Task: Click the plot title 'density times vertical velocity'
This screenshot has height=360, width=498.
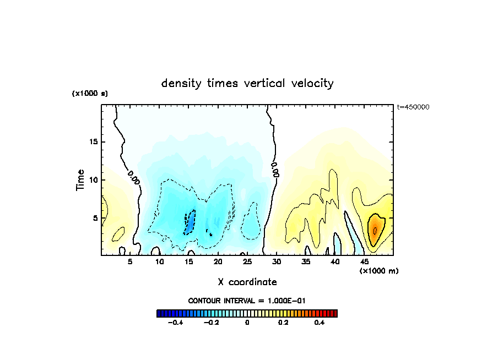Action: (x=247, y=84)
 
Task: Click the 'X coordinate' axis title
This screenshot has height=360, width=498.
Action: (x=247, y=282)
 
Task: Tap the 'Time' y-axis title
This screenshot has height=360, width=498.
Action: (x=80, y=180)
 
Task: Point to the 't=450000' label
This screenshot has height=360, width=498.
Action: (x=413, y=107)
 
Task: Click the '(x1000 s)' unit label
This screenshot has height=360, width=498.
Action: (x=90, y=94)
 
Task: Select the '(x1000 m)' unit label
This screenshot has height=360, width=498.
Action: (x=379, y=271)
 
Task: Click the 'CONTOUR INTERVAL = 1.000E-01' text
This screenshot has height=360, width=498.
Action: (x=247, y=301)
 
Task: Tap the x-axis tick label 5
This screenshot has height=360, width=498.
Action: (x=130, y=262)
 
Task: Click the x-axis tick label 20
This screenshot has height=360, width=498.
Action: (x=218, y=262)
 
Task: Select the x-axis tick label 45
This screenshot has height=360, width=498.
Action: (x=364, y=262)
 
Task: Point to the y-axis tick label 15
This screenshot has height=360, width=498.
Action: (x=94, y=142)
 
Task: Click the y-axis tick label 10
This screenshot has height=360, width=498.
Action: (x=94, y=180)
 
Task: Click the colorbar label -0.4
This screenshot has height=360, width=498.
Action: (x=175, y=323)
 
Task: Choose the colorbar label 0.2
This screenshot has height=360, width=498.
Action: (x=283, y=323)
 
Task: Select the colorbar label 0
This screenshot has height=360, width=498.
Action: (x=247, y=323)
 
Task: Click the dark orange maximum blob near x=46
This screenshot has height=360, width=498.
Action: (x=375, y=230)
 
